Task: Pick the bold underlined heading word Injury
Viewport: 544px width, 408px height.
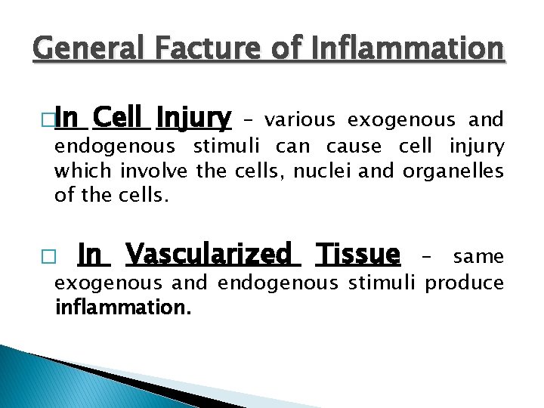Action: [x=193, y=119]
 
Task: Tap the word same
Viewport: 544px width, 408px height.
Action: [x=478, y=257]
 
